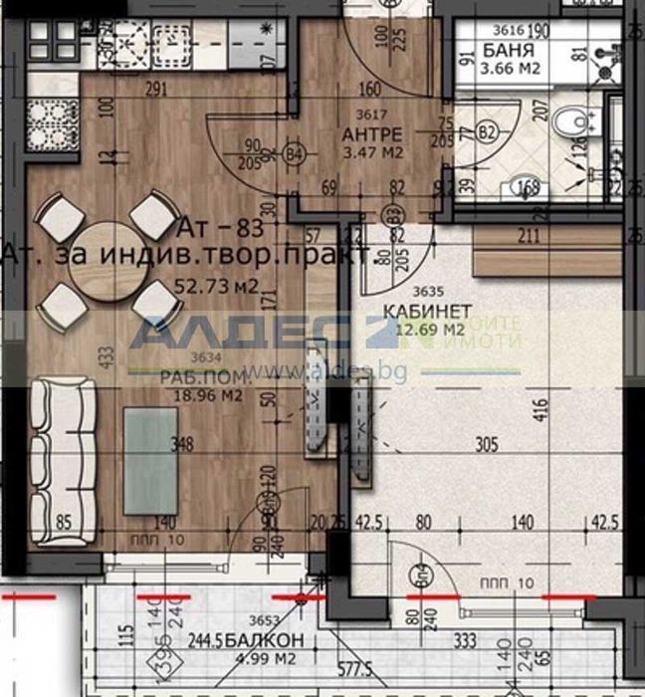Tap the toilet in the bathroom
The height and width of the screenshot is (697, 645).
(575, 123)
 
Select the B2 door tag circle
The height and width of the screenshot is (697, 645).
(487, 131)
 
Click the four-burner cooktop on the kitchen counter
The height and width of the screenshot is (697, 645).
(125, 40)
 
